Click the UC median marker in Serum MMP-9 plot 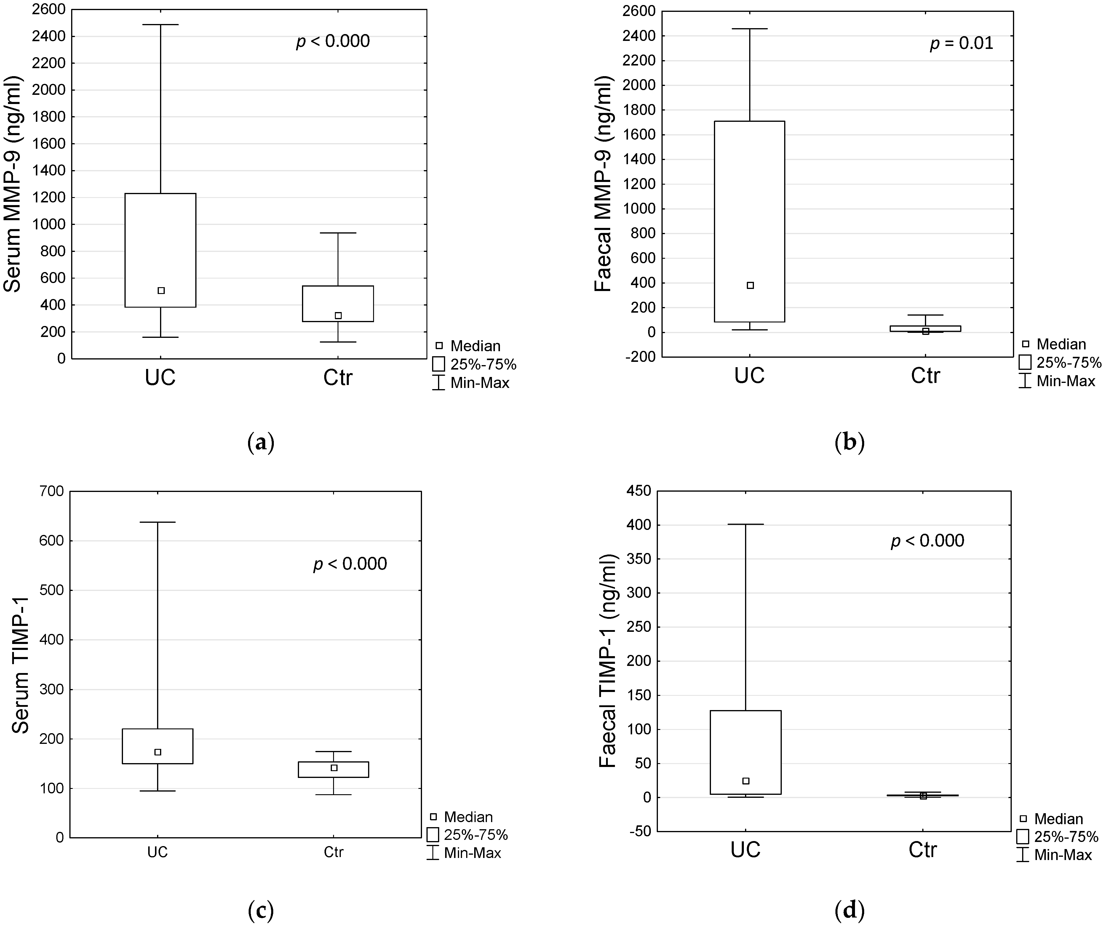click(161, 290)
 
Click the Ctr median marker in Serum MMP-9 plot click(338, 316)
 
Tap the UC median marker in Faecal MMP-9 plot click(750, 285)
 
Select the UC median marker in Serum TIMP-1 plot click(157, 752)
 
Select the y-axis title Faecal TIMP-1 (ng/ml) click(608, 661)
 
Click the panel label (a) click(261, 443)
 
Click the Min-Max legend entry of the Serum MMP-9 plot click(479, 383)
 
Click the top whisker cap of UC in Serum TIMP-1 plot click(157, 522)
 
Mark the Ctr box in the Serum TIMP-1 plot click(333, 770)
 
